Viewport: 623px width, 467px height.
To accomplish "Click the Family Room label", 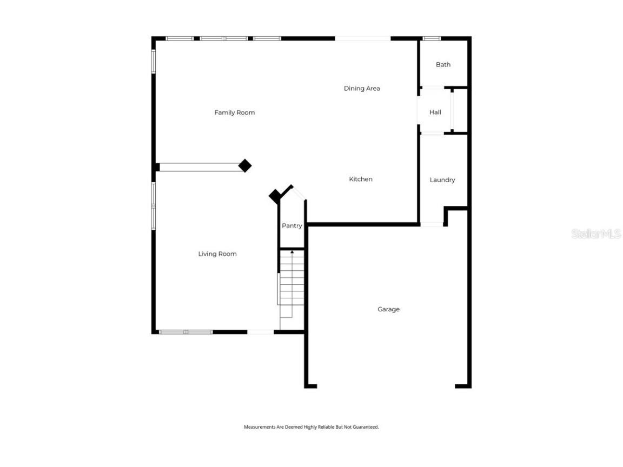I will [234, 112].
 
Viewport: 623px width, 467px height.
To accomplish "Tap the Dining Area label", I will [362, 88].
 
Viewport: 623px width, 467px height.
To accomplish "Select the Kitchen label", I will [361, 179].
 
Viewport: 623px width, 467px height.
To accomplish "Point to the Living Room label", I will [217, 253].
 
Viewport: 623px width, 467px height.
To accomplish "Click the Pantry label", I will [291, 226].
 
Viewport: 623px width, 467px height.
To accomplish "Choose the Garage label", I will [388, 309].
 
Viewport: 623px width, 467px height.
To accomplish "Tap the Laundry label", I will [442, 180].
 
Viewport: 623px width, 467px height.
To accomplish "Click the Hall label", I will [435, 112].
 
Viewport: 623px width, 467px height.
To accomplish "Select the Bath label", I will [443, 64].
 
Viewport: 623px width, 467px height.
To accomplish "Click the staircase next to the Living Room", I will [292, 286].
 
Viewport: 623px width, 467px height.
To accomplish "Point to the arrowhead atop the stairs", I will [292, 252].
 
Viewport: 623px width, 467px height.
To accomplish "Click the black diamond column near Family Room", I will [245, 165].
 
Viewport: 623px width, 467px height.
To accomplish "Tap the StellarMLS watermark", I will [596, 234].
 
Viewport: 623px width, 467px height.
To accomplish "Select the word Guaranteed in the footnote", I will [366, 427].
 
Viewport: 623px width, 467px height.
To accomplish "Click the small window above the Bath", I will [431, 38].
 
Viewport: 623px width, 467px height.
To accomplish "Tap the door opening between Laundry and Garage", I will [432, 224].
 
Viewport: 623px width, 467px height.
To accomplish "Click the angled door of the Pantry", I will [299, 193].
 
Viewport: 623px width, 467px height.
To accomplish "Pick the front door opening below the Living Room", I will [260, 332].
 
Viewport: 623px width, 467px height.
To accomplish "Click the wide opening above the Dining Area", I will [362, 38].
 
